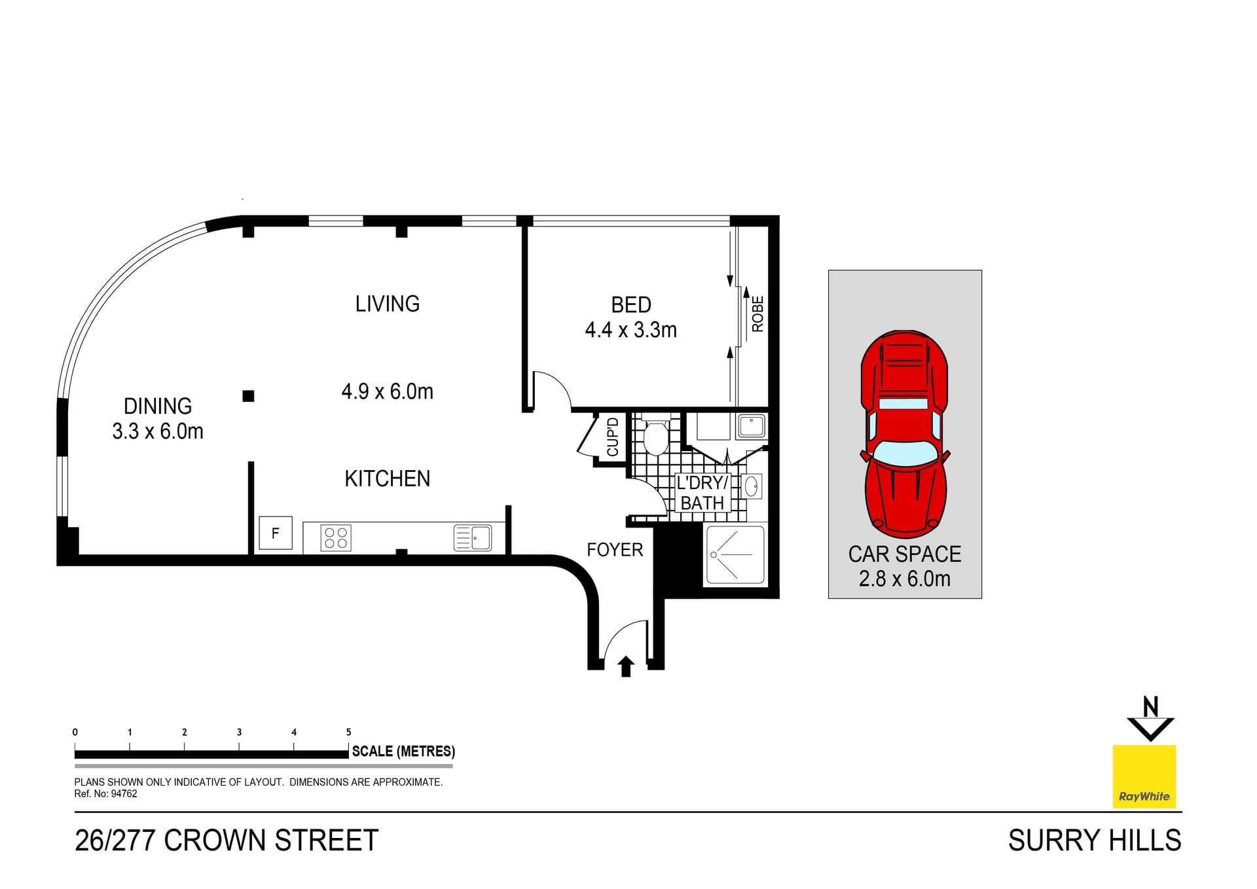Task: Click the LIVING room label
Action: pos(387,304)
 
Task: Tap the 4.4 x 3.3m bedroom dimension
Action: pos(630,330)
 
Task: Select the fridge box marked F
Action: pos(275,533)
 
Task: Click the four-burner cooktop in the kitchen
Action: pos(336,538)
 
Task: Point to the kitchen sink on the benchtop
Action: pos(473,538)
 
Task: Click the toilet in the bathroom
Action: pos(655,437)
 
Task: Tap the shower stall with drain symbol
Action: pos(735,555)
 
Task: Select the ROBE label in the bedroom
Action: pos(757,314)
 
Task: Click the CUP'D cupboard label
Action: pos(613,437)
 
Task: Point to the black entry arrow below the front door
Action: pos(626,666)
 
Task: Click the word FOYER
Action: pos(614,550)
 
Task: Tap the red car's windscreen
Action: pos(904,452)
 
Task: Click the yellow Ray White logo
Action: pos(1144,776)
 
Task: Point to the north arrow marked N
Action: pos(1150,719)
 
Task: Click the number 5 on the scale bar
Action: pos(348,732)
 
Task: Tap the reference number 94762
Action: pos(124,794)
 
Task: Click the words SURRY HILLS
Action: pos(1094,841)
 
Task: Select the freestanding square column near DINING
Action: pos(248,396)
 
